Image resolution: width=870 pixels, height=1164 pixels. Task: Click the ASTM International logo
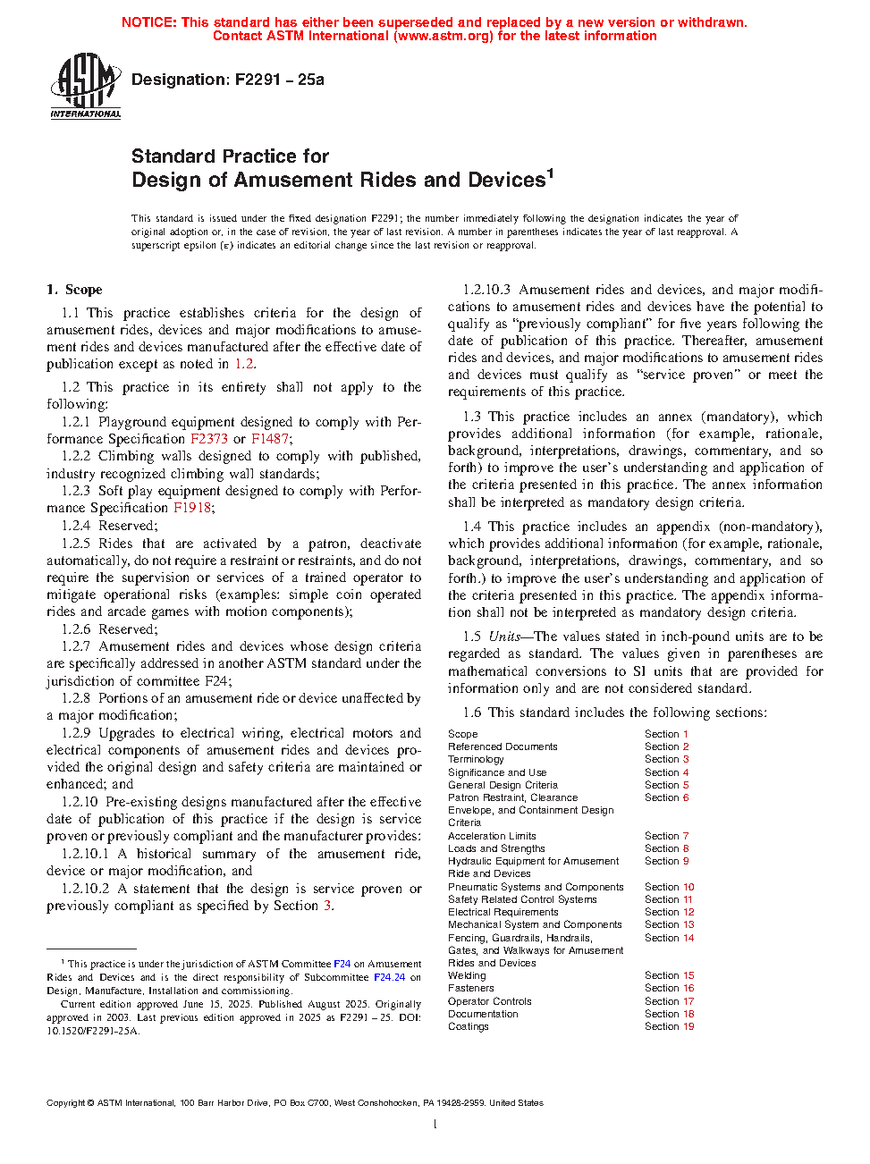[86, 86]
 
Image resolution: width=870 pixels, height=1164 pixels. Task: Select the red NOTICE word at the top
[148, 22]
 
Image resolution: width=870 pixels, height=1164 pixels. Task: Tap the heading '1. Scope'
[75, 290]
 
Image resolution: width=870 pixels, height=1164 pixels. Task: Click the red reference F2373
[209, 439]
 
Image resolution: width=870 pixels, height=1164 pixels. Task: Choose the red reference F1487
[270, 439]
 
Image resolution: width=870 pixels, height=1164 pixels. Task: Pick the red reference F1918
[192, 508]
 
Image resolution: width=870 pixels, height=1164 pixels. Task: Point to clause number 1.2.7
[76, 646]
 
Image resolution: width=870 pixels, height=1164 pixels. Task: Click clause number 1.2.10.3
[486, 290]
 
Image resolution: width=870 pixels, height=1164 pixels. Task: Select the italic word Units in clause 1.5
[504, 637]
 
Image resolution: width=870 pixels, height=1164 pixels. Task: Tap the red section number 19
[688, 1026]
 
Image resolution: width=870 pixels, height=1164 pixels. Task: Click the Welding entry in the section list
[467, 975]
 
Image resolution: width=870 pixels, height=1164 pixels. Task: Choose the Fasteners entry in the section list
[470, 988]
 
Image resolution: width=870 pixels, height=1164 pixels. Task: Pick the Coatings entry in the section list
[469, 1026]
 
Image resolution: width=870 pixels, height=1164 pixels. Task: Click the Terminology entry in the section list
[476, 759]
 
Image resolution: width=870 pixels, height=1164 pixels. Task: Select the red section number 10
[688, 887]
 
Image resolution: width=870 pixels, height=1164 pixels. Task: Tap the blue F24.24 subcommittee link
[389, 977]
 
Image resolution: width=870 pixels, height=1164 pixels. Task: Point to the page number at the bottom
[435, 1124]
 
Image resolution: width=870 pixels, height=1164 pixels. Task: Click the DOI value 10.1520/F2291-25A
[93, 1031]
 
